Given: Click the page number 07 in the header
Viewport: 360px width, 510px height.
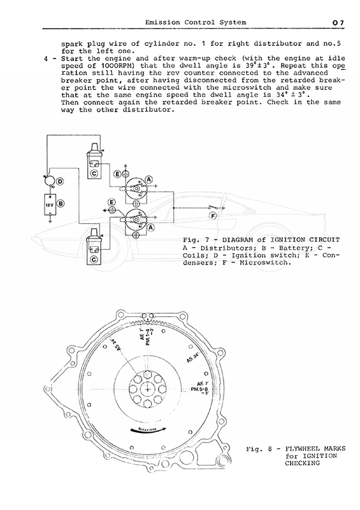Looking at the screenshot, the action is (x=338, y=23).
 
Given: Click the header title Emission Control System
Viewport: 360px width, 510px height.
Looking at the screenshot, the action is (x=196, y=22).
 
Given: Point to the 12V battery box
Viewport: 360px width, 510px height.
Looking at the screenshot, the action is (x=50, y=205).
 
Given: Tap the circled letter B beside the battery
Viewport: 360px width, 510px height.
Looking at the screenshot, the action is (x=61, y=204).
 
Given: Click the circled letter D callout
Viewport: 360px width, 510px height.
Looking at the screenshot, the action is (x=60, y=181).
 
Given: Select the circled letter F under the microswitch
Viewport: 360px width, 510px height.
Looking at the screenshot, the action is (x=213, y=215).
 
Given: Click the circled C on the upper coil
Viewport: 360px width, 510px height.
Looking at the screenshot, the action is (x=94, y=173).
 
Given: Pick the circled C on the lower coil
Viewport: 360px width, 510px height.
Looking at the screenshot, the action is (x=94, y=259).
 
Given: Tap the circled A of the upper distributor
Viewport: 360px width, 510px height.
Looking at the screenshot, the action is (x=149, y=179).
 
